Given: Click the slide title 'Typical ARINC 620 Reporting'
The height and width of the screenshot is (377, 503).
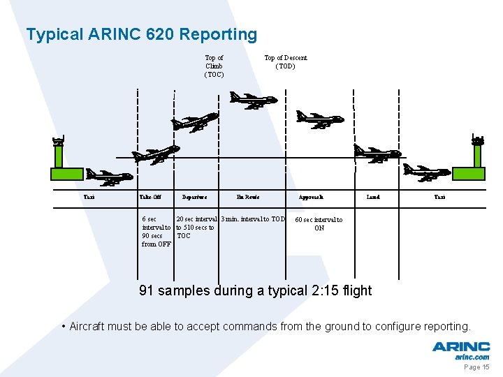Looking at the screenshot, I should tap(141, 34).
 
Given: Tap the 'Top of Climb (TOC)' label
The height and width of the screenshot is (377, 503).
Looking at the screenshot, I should tap(214, 66).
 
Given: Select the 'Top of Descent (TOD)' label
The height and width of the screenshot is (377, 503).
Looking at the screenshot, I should tap(285, 62).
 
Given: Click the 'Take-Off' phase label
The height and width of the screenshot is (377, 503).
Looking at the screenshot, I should tap(150, 198).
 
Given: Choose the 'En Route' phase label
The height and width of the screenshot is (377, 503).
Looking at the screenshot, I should tap(248, 198).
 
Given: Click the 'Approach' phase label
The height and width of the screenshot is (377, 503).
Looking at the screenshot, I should tap(311, 198).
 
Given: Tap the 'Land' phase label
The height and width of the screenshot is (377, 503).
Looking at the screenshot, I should tap(373, 198).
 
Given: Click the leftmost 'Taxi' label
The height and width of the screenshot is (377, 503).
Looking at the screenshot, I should tap(89, 198).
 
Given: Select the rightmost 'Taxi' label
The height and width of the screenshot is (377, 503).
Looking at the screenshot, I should tap(439, 198).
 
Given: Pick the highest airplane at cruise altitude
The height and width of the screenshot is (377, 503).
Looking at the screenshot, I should tap(253, 101).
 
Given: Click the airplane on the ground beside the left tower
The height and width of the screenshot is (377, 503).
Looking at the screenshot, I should tap(109, 177).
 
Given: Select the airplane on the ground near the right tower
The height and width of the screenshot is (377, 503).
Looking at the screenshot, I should tap(427, 172).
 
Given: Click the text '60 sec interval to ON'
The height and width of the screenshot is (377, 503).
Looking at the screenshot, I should tap(319, 224).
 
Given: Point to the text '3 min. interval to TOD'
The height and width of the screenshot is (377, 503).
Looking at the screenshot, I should tap(253, 219).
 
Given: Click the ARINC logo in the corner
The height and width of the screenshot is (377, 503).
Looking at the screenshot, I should tap(460, 349).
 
